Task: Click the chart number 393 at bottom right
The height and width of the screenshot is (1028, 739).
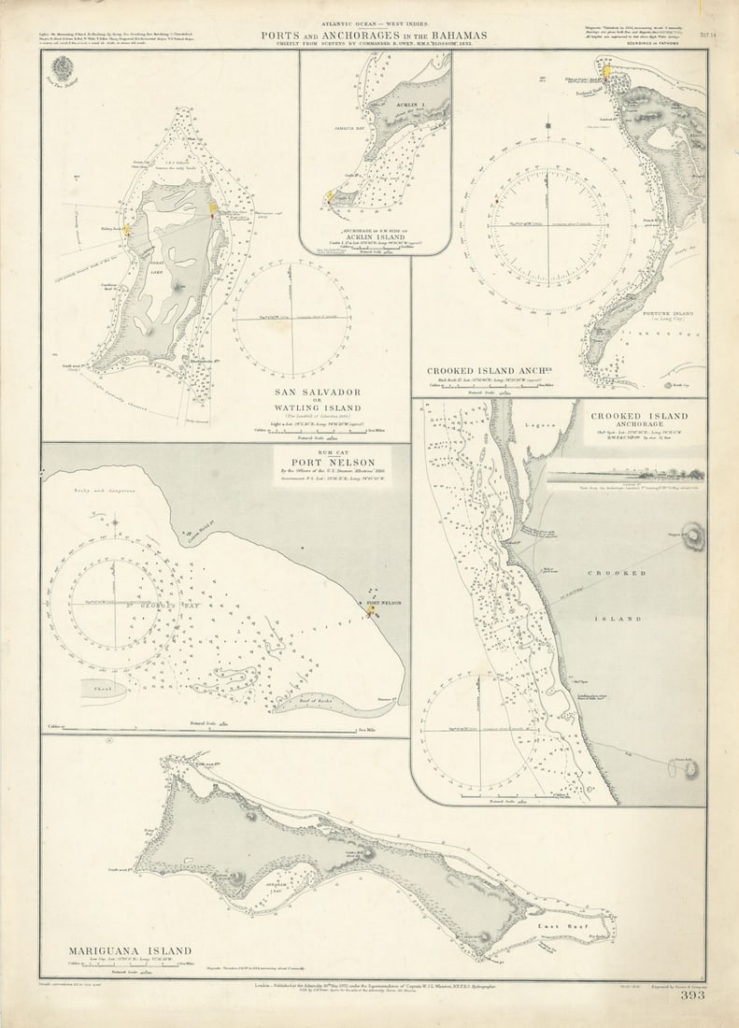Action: tap(692, 995)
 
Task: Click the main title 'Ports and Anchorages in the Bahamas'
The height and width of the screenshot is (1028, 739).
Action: tap(374, 36)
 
